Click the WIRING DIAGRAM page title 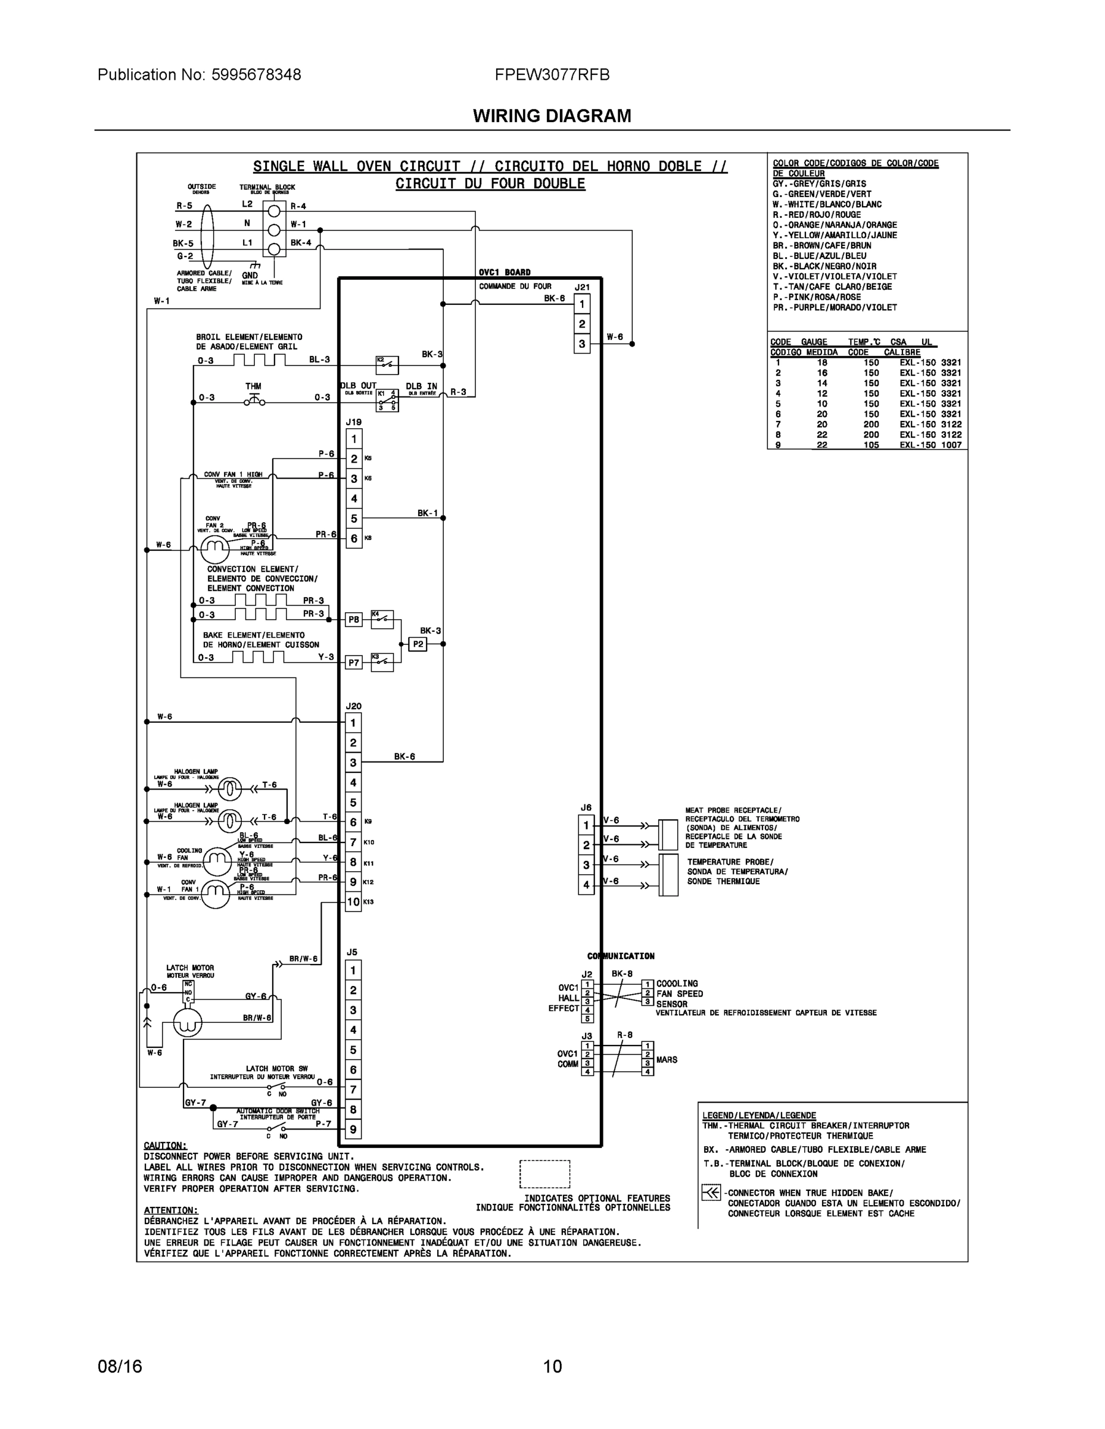(x=552, y=116)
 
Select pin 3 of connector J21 (x=581, y=344)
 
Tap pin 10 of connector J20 (x=353, y=901)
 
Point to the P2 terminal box (x=418, y=644)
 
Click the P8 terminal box (x=353, y=619)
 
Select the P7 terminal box (x=353, y=663)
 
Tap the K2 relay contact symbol (x=386, y=364)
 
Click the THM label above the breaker (x=253, y=386)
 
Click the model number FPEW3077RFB (x=552, y=74)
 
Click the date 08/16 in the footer (x=120, y=1366)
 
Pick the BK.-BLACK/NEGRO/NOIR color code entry (x=824, y=266)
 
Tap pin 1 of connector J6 (x=586, y=825)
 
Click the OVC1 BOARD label (x=504, y=272)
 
